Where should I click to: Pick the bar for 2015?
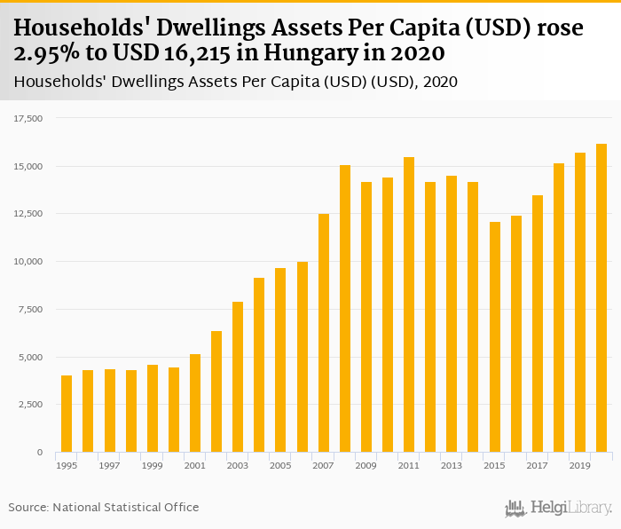(494, 337)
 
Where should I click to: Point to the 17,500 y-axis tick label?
(29, 118)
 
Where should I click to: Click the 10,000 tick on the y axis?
(29, 262)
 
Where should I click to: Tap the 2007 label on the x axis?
(323, 465)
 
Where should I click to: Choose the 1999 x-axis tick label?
(152, 465)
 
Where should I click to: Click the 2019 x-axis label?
(580, 465)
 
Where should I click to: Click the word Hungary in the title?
(342, 54)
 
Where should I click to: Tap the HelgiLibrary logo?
(558, 508)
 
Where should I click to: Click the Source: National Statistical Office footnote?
(104, 507)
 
